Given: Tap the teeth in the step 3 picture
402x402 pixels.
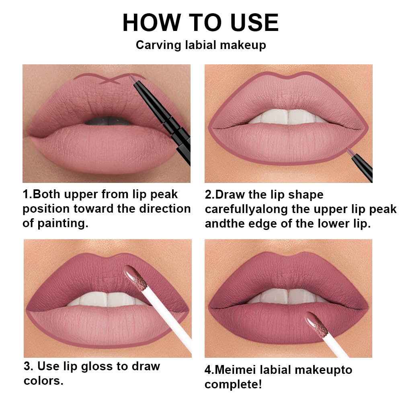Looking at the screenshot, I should (x=105, y=299).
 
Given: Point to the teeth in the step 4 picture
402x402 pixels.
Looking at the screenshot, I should (x=287, y=295).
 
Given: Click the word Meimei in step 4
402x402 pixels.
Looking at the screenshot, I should (x=239, y=370).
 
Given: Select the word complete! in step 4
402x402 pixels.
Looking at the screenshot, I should (x=233, y=385).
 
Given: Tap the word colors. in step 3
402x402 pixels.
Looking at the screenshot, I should (x=43, y=380).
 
